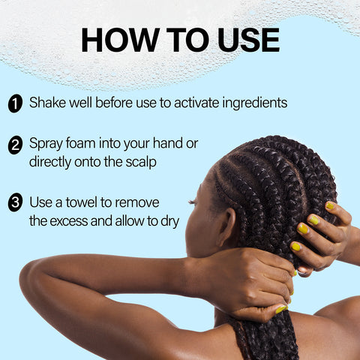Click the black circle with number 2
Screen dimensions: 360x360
point(15,145)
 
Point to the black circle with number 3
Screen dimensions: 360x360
point(15,203)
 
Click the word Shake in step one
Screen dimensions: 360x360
point(48,102)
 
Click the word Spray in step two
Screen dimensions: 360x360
point(47,142)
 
